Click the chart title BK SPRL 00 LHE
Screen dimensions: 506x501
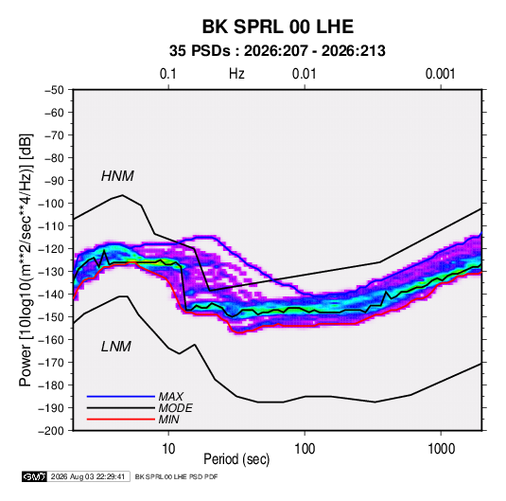(x=278, y=27)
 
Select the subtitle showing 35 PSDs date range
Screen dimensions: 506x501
(x=277, y=51)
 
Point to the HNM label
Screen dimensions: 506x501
(x=117, y=176)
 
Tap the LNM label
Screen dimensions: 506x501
(x=116, y=347)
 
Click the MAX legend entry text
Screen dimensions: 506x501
(x=171, y=396)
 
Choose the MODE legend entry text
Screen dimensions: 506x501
(x=176, y=408)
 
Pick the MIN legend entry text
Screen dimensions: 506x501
(x=168, y=420)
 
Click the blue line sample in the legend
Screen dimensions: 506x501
(x=121, y=397)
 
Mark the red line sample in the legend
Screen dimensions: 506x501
(x=121, y=420)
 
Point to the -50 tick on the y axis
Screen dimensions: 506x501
(x=54, y=90)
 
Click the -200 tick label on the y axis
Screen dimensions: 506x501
(x=51, y=431)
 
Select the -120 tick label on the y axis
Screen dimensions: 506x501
(x=51, y=249)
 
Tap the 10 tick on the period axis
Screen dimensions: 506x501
(x=168, y=449)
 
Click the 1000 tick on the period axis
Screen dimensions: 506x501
(x=441, y=449)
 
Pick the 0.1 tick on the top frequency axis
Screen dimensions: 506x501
(x=168, y=74)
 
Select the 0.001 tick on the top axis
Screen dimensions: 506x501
(x=440, y=74)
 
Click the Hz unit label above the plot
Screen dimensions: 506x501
(x=236, y=74)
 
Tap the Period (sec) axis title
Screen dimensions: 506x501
(x=236, y=459)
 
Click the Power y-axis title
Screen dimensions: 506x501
(x=26, y=260)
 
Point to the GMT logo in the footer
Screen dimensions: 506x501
(x=34, y=476)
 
